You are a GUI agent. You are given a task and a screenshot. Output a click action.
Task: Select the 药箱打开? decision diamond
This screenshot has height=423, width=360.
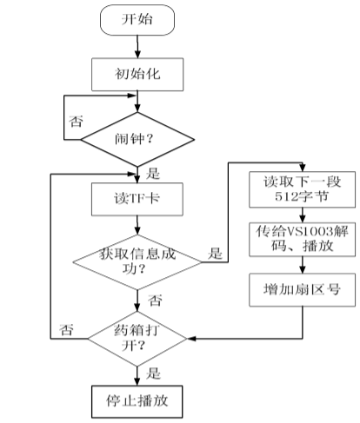point(137,335)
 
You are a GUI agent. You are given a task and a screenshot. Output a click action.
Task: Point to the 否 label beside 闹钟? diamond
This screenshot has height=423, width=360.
point(77,120)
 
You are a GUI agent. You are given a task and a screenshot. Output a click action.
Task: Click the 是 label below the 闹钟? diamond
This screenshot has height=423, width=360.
point(154,171)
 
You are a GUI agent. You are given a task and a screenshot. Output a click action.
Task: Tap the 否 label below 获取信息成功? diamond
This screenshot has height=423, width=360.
point(154,299)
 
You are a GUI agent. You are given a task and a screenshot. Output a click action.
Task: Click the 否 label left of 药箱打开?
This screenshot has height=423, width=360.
point(67,329)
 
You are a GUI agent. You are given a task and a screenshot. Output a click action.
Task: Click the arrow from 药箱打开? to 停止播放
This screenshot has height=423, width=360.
point(137,372)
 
